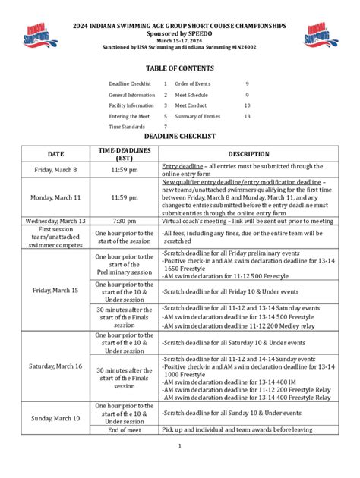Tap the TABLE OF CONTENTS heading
180,68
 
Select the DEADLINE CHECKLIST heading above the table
180,136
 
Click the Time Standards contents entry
126,127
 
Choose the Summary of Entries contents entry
197,116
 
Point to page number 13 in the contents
247,116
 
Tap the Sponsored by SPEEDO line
180,34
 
